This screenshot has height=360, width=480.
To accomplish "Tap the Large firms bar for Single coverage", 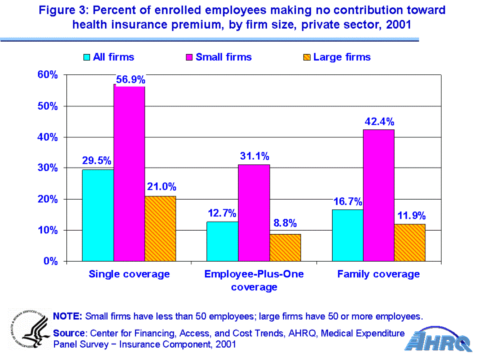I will tap(160, 228).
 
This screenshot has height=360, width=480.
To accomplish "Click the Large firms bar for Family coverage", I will tap(410, 242).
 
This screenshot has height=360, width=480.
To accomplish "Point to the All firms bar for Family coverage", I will tap(347, 235).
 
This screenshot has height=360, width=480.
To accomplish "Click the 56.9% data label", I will tap(131, 79).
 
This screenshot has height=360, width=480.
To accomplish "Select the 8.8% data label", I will tap(285, 223).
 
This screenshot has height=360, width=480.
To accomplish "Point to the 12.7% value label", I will tap(222, 213).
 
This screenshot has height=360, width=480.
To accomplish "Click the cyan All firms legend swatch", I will tap(87, 57).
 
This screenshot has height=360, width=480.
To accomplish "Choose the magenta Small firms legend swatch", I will tap(189, 57).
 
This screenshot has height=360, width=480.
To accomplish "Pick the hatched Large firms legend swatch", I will tap(307, 57).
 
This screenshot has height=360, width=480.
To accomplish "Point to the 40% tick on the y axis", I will tap(48, 137).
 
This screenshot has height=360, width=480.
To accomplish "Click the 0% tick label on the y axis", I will tap(52, 262).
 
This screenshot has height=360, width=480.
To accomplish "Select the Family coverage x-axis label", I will tap(378, 274).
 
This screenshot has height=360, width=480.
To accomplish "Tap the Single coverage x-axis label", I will tap(129, 274).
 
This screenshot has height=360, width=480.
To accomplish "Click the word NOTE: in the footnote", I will tap(68, 315).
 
